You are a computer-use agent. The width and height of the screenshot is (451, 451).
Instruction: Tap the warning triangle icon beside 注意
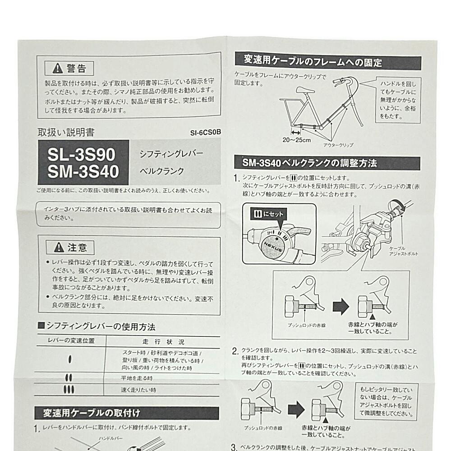[59, 247]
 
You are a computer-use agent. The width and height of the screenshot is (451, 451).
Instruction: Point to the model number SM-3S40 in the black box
[83, 172]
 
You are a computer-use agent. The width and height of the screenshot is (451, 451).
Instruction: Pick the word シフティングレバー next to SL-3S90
[172, 154]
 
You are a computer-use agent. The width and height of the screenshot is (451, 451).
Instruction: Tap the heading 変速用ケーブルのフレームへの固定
[313, 60]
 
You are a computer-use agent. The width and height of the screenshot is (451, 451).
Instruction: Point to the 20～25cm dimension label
[297, 140]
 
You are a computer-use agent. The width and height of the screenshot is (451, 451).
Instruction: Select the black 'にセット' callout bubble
[267, 214]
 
